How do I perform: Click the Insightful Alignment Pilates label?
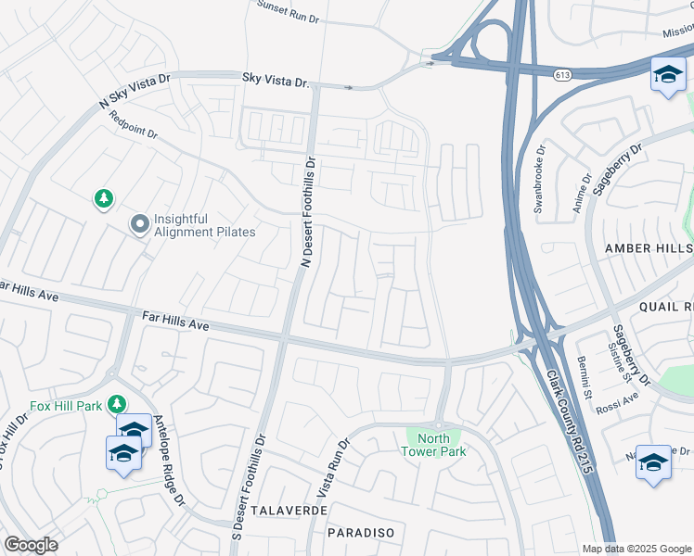coord(204,225)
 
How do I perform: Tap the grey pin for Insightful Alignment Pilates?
coord(140,223)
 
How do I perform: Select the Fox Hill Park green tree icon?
coord(117,403)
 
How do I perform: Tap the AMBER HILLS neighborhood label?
coord(649,248)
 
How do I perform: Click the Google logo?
coord(32,545)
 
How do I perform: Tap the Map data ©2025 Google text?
coord(636,549)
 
